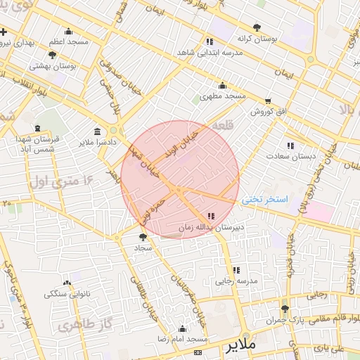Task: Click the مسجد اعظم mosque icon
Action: (68, 31)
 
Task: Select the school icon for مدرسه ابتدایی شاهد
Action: (210, 41)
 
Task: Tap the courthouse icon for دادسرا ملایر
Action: (96, 131)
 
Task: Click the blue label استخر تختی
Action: (266, 200)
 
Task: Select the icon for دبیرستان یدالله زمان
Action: (211, 216)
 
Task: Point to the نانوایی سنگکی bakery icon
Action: (67, 283)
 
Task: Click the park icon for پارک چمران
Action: (284, 309)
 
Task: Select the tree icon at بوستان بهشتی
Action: (53, 54)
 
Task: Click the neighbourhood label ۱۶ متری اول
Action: (63, 182)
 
